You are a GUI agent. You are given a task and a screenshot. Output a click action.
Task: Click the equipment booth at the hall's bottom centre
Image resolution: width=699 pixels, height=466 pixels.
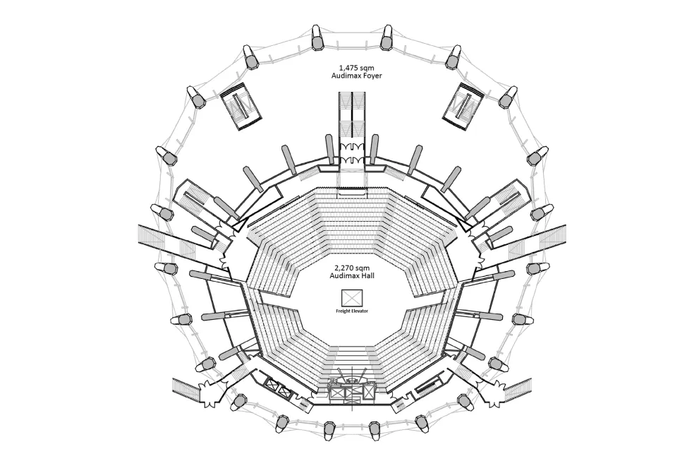351,388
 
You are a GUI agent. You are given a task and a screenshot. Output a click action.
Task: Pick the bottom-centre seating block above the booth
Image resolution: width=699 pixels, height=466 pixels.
351,357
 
